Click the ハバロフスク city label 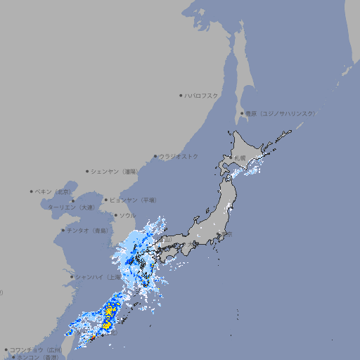tap(202, 95)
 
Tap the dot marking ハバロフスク tap(181, 95)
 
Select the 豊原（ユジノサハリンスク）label tap(281, 113)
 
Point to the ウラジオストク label tap(179, 156)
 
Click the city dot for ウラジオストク tap(156, 157)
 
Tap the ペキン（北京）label tap(53, 191)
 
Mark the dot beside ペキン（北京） tap(32, 191)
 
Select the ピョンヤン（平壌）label tap(133, 200)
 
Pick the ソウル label tap(127, 215)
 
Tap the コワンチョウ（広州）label tap(35, 349)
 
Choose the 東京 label tap(226, 235)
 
